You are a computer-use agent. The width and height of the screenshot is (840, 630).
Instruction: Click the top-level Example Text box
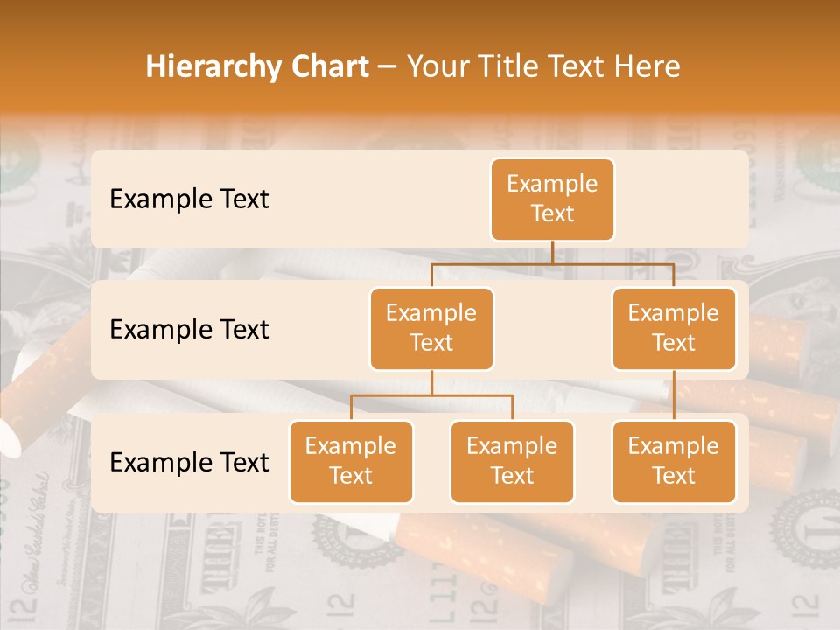tap(552, 199)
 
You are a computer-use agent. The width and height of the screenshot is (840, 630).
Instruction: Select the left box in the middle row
tap(431, 328)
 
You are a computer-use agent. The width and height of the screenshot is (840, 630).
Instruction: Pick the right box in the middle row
tap(674, 328)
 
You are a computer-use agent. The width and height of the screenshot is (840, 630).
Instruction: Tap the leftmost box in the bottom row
tap(351, 461)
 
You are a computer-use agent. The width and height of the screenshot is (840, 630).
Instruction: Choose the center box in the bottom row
tap(512, 461)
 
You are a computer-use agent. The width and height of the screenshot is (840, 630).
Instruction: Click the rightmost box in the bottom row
tap(674, 461)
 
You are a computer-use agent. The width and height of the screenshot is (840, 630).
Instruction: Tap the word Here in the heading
tap(645, 66)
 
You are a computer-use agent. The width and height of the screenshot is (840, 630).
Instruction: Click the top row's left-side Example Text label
tap(189, 199)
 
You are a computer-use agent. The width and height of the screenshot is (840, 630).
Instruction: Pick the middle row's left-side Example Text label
tap(189, 329)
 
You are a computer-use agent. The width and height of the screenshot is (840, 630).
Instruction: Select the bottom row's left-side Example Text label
tap(189, 462)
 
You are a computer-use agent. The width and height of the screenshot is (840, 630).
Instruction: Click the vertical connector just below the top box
tap(552, 251)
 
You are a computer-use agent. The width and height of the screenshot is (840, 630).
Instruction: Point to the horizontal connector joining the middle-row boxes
tap(552, 262)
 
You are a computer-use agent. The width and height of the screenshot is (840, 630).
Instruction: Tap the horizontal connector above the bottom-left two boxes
tap(431, 395)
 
